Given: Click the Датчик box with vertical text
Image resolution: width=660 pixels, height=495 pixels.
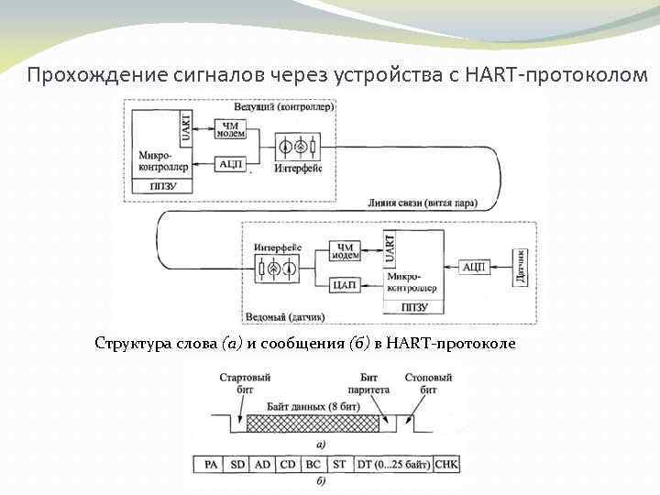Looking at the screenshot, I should tap(522, 267).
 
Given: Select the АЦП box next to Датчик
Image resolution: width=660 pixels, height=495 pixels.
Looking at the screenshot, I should tap(473, 267).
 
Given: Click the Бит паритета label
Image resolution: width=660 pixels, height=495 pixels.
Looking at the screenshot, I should tap(369, 382).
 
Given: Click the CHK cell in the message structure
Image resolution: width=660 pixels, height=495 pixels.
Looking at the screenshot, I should tap(447, 465).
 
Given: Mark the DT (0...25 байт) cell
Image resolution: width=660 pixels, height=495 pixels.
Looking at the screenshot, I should tap(392, 465).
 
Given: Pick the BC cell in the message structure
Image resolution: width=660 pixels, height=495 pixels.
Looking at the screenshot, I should tap(313, 465).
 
